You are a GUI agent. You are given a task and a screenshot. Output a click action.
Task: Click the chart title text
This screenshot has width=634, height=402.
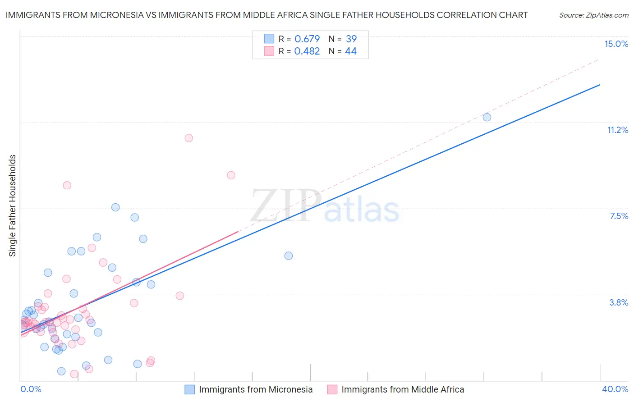[x=266, y=15]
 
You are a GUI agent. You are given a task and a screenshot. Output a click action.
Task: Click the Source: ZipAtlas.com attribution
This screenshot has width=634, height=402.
[x=593, y=15]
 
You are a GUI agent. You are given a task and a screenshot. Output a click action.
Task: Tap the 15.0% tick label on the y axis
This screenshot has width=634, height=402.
[x=616, y=44]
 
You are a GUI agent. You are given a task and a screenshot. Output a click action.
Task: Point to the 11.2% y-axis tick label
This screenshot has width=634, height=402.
[x=617, y=130]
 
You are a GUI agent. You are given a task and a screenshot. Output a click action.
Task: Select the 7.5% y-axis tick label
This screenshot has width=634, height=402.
[x=619, y=216]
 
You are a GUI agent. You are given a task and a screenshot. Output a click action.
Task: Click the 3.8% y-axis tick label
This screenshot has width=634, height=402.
[x=619, y=302]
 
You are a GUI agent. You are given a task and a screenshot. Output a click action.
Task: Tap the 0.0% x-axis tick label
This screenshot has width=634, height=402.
[x=31, y=389]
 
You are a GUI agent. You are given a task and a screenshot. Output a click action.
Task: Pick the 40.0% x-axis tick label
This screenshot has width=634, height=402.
[x=615, y=389]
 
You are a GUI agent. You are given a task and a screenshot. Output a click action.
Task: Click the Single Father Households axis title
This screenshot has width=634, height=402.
[x=13, y=206]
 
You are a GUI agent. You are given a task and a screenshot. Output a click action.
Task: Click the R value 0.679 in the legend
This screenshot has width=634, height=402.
[x=307, y=39]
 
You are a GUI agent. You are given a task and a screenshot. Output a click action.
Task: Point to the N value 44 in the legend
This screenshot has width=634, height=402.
[x=351, y=51]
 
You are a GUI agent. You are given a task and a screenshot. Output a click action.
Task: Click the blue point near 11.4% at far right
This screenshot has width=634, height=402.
[x=487, y=117]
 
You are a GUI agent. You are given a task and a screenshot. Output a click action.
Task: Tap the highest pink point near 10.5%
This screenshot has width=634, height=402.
[x=189, y=138]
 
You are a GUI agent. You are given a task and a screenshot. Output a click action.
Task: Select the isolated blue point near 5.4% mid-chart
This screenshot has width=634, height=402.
[x=289, y=256]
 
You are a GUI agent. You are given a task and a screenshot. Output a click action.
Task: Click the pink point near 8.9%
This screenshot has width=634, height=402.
[x=231, y=175]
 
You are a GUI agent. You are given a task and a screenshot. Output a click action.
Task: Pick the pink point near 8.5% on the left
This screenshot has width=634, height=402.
[x=67, y=185]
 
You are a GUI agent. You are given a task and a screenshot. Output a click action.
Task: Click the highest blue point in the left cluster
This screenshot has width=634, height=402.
[x=115, y=207]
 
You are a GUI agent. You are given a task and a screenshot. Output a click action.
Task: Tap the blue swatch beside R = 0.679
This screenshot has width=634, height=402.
[x=269, y=39]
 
